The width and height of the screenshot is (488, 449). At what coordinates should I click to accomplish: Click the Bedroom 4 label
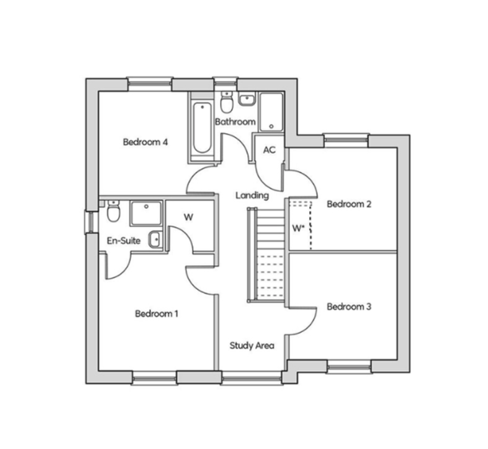click(x=146, y=142)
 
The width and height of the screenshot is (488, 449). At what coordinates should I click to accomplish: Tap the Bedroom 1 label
click(x=156, y=314)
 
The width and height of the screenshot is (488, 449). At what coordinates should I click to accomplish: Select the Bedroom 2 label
click(x=349, y=204)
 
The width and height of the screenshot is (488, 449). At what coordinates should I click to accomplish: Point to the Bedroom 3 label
click(x=349, y=307)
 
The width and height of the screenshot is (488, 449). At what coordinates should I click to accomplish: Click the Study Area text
click(x=252, y=345)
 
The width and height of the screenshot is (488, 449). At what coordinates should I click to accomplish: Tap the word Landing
click(x=252, y=195)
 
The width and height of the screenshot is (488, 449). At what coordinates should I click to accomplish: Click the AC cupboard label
click(x=269, y=150)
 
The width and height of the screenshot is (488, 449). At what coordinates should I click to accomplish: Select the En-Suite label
click(x=124, y=240)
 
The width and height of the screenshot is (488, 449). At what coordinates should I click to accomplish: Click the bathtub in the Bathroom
click(x=202, y=128)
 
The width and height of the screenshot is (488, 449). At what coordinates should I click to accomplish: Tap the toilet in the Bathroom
click(x=227, y=103)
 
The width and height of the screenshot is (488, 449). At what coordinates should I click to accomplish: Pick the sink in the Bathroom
click(x=248, y=99)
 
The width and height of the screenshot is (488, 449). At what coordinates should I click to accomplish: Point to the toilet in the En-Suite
click(x=113, y=211)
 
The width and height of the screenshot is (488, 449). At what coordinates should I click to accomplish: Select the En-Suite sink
click(x=155, y=239)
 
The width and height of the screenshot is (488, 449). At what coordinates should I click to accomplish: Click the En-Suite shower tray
click(x=146, y=213)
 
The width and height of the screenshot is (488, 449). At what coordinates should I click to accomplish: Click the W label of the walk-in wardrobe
click(x=188, y=217)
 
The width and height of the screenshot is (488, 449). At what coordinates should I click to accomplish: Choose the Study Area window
click(x=252, y=378)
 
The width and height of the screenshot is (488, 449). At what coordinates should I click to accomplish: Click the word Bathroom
click(x=235, y=121)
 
